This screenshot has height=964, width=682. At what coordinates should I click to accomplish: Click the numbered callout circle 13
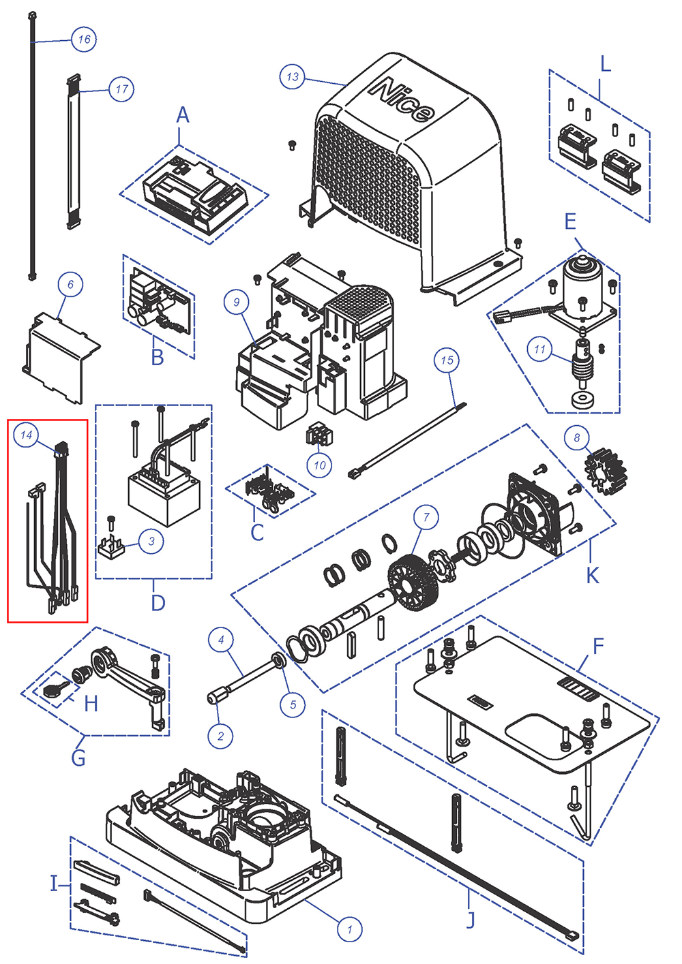(293, 77)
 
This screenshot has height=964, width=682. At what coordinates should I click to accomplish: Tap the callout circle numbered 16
(84, 40)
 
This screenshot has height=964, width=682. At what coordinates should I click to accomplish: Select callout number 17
(121, 89)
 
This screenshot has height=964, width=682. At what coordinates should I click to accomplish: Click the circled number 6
(70, 284)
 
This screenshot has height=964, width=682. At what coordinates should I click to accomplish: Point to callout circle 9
(237, 302)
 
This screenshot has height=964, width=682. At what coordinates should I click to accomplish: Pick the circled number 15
(447, 360)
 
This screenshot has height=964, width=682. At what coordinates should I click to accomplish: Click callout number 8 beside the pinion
(577, 437)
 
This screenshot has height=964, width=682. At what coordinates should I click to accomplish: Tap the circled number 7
(426, 518)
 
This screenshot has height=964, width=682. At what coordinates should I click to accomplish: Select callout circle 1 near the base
(350, 929)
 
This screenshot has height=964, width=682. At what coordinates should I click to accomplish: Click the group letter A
(182, 116)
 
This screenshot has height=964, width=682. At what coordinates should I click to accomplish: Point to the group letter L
(605, 65)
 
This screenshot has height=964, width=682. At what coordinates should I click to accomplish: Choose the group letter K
(592, 576)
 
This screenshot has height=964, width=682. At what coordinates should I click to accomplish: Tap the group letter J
(470, 919)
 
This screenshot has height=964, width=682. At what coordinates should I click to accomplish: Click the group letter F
(598, 646)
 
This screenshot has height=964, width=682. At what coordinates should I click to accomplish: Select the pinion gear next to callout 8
(606, 470)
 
